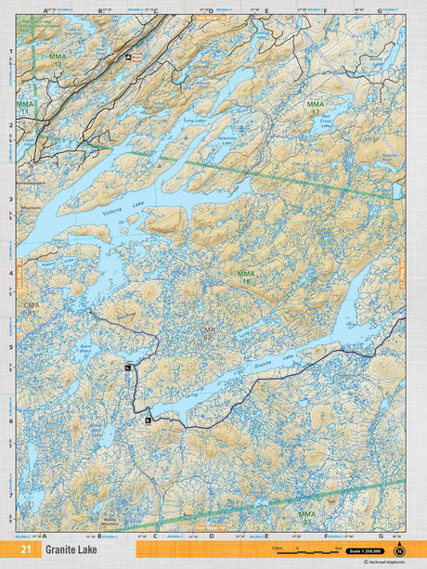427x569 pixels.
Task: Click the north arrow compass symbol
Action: point(400,550)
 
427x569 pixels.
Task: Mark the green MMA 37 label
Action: point(306,516)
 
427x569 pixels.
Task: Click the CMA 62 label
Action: point(208,333)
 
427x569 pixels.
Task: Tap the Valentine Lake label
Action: point(227,139)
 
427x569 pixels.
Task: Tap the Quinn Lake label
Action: point(375,58)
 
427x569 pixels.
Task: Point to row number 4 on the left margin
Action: point(10,273)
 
